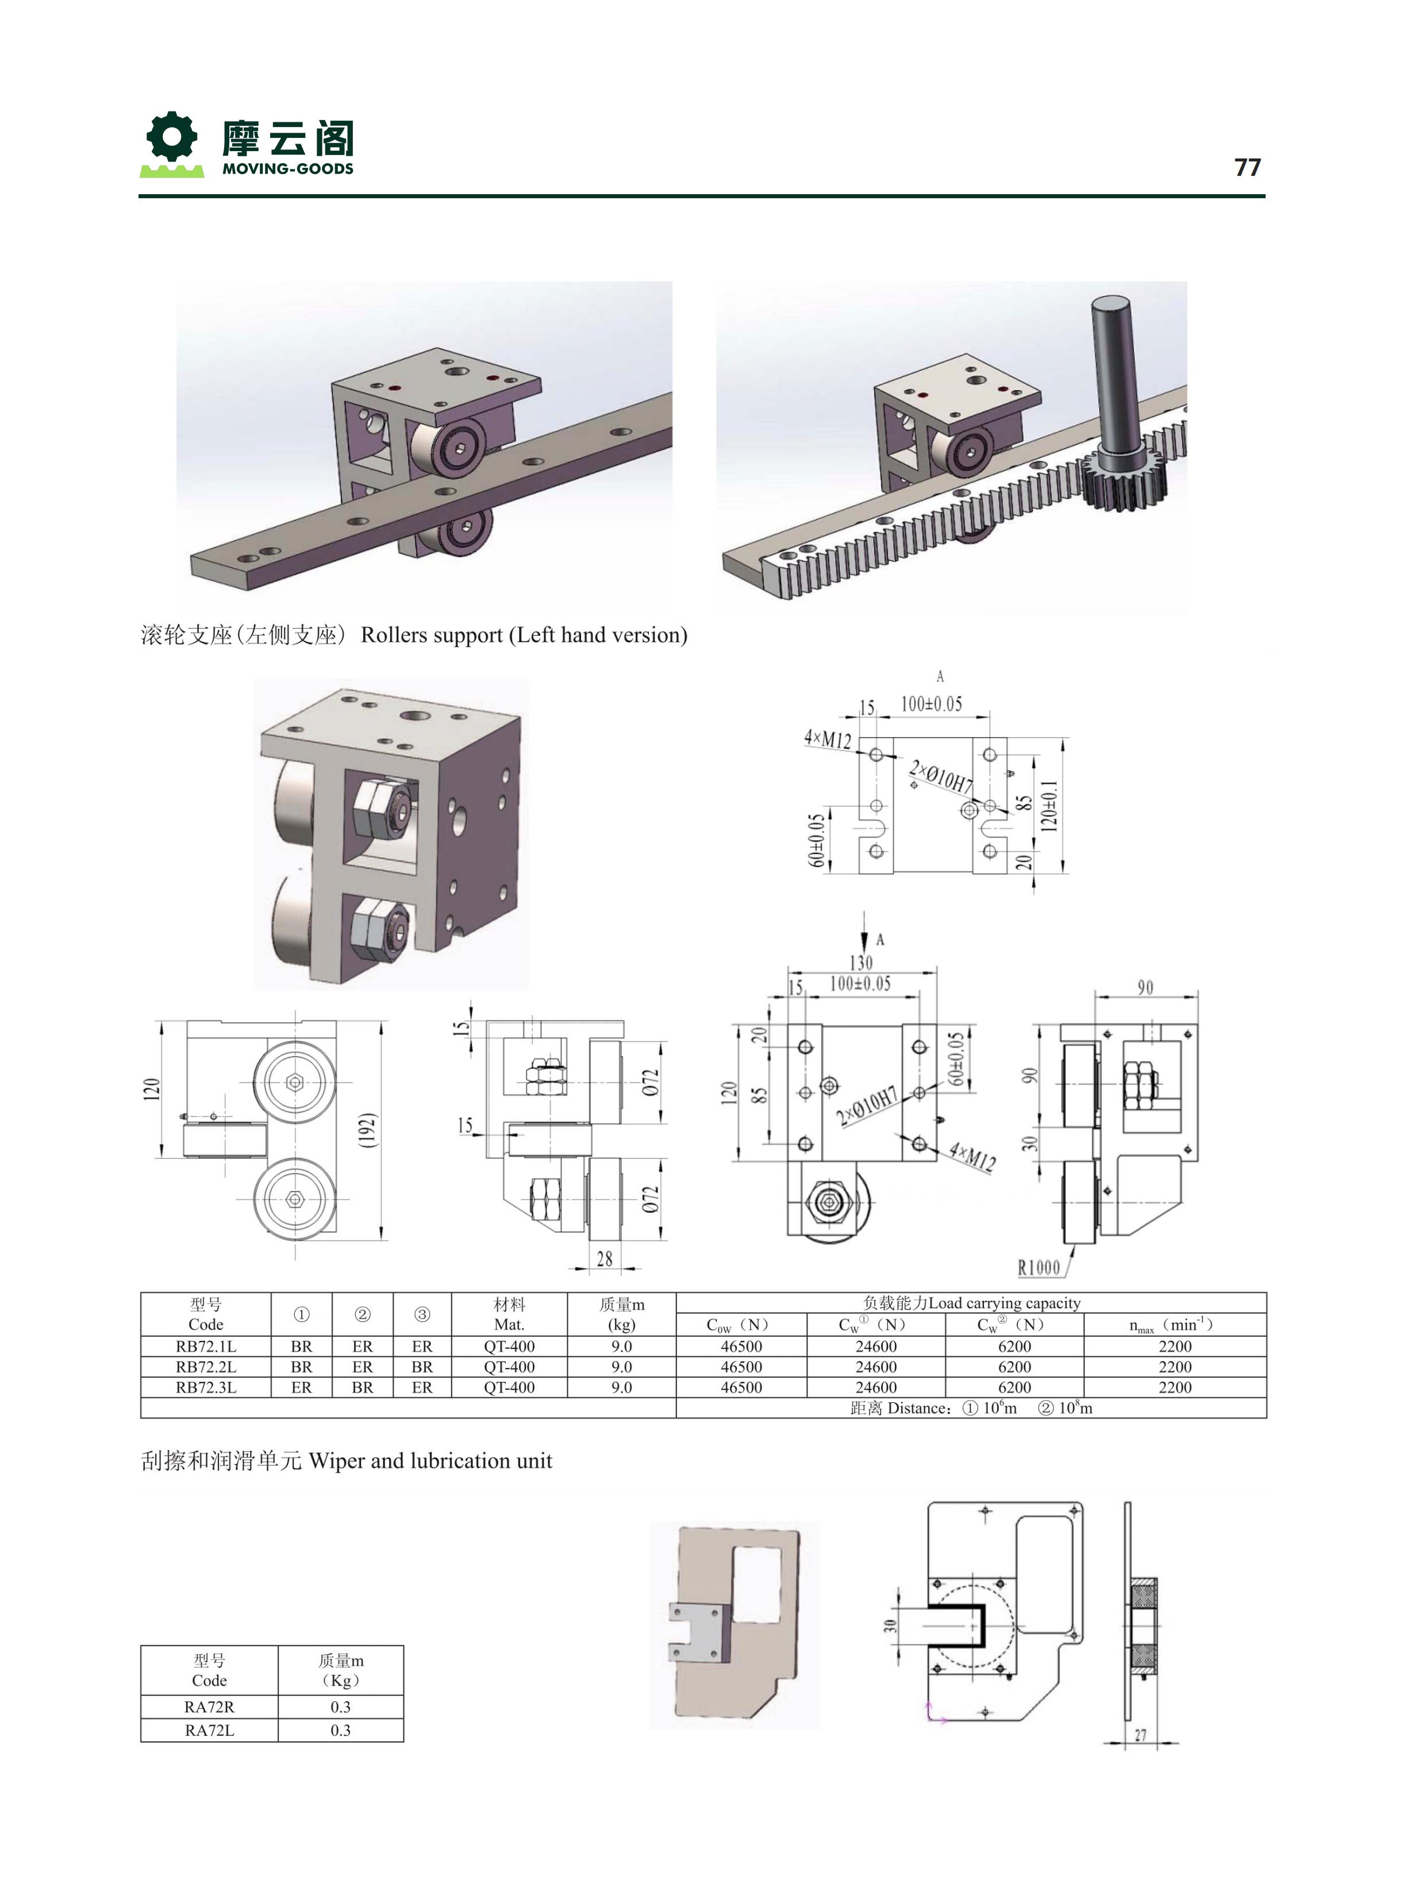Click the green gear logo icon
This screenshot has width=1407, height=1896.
pos(172,137)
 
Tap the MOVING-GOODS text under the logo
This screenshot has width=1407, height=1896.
pos(288,168)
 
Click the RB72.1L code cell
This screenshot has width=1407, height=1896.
pos(206,1346)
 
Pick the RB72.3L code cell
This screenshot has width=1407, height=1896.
pos(206,1387)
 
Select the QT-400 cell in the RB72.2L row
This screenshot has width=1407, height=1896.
pos(509,1366)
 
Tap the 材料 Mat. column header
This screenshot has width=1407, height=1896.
pos(509,1313)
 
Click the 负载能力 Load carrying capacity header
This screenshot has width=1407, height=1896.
pos(971,1302)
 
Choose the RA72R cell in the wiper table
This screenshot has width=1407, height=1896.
pos(210,1706)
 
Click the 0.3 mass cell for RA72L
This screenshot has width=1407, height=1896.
pos(341,1730)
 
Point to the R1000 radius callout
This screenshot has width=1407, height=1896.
pos(1039,1267)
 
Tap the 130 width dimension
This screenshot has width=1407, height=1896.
pos(861,962)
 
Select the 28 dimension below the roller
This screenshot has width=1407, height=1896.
pos(605,1258)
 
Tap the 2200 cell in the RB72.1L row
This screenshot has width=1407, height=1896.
pos(1175,1346)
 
